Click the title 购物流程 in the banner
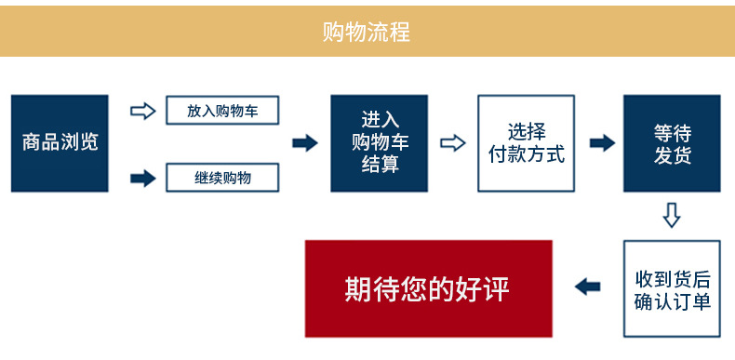366,32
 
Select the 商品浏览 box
60,142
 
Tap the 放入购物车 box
221,111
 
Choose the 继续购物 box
221,176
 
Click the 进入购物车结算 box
379,142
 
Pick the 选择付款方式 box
526,142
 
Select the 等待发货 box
672,142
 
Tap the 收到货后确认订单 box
672,288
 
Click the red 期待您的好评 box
428,288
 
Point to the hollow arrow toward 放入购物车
142,111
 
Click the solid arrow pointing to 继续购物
142,177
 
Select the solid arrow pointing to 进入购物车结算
305,142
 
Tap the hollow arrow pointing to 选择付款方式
452,142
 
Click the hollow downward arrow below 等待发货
672,216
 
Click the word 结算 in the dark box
380,165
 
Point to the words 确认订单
672,301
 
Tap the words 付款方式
526,154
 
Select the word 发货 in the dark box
672,155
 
